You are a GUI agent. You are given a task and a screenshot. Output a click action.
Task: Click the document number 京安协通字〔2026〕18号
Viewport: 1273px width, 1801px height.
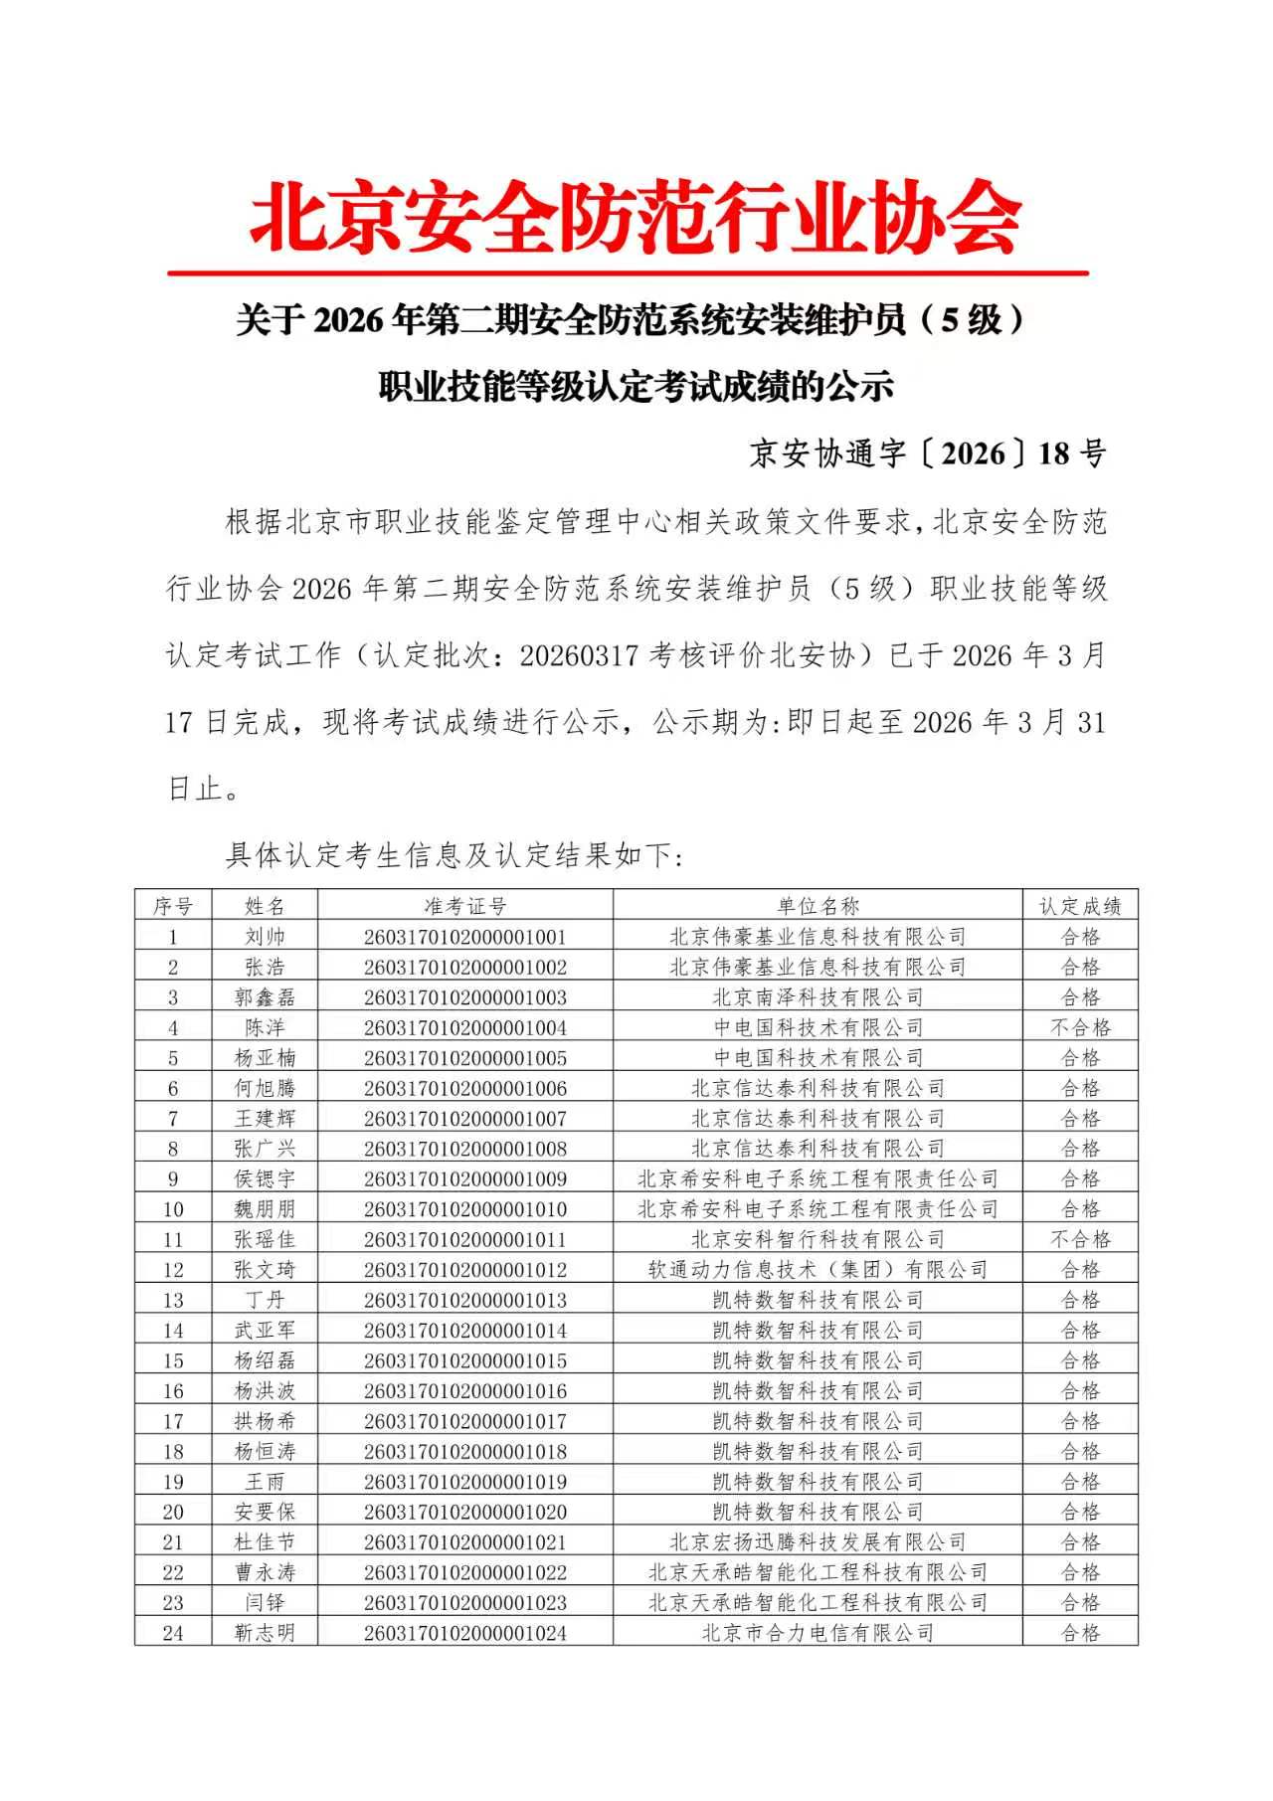pyautogui.click(x=927, y=453)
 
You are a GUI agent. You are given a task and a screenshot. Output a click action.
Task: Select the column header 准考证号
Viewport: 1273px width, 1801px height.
pyautogui.click(x=464, y=906)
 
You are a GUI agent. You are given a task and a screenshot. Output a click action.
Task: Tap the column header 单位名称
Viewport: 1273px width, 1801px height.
pyautogui.click(x=818, y=906)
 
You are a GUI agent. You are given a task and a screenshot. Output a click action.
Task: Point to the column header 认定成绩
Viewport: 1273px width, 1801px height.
pyautogui.click(x=1080, y=906)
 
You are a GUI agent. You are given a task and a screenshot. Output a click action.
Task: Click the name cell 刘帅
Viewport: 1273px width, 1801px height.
pyautogui.click(x=265, y=937)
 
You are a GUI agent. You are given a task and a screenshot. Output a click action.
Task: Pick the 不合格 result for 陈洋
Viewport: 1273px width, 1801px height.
pyautogui.click(x=1080, y=1027)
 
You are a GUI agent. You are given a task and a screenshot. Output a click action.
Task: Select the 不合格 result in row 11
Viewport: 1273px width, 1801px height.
pyautogui.click(x=1080, y=1239)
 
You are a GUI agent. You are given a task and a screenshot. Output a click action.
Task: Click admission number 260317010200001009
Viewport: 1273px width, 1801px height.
pyautogui.click(x=464, y=1178)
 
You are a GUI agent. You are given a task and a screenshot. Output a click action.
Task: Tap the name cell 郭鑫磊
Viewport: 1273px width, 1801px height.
pyautogui.click(x=265, y=997)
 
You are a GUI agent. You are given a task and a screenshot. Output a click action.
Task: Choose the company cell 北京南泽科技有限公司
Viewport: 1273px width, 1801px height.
pyautogui.click(x=818, y=997)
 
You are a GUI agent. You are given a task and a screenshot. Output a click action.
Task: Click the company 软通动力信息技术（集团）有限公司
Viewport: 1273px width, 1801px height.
pyautogui.click(x=818, y=1270)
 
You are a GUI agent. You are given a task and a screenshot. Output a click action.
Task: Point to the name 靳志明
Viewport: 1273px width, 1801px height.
pyautogui.click(x=265, y=1633)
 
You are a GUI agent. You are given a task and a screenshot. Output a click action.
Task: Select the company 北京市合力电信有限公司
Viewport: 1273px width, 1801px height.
pyautogui.click(x=818, y=1633)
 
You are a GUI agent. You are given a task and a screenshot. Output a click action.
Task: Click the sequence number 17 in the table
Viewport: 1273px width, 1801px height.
pyautogui.click(x=173, y=1421)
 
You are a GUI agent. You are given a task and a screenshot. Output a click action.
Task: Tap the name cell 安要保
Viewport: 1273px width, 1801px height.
pyautogui.click(x=265, y=1512)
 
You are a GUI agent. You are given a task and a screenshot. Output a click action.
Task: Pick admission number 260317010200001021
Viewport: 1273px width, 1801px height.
pyautogui.click(x=464, y=1542)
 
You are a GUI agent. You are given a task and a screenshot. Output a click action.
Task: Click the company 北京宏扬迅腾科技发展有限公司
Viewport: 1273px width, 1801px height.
pyautogui.click(x=818, y=1542)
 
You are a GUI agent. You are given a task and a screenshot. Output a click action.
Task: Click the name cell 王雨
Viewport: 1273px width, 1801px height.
pyautogui.click(x=265, y=1482)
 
